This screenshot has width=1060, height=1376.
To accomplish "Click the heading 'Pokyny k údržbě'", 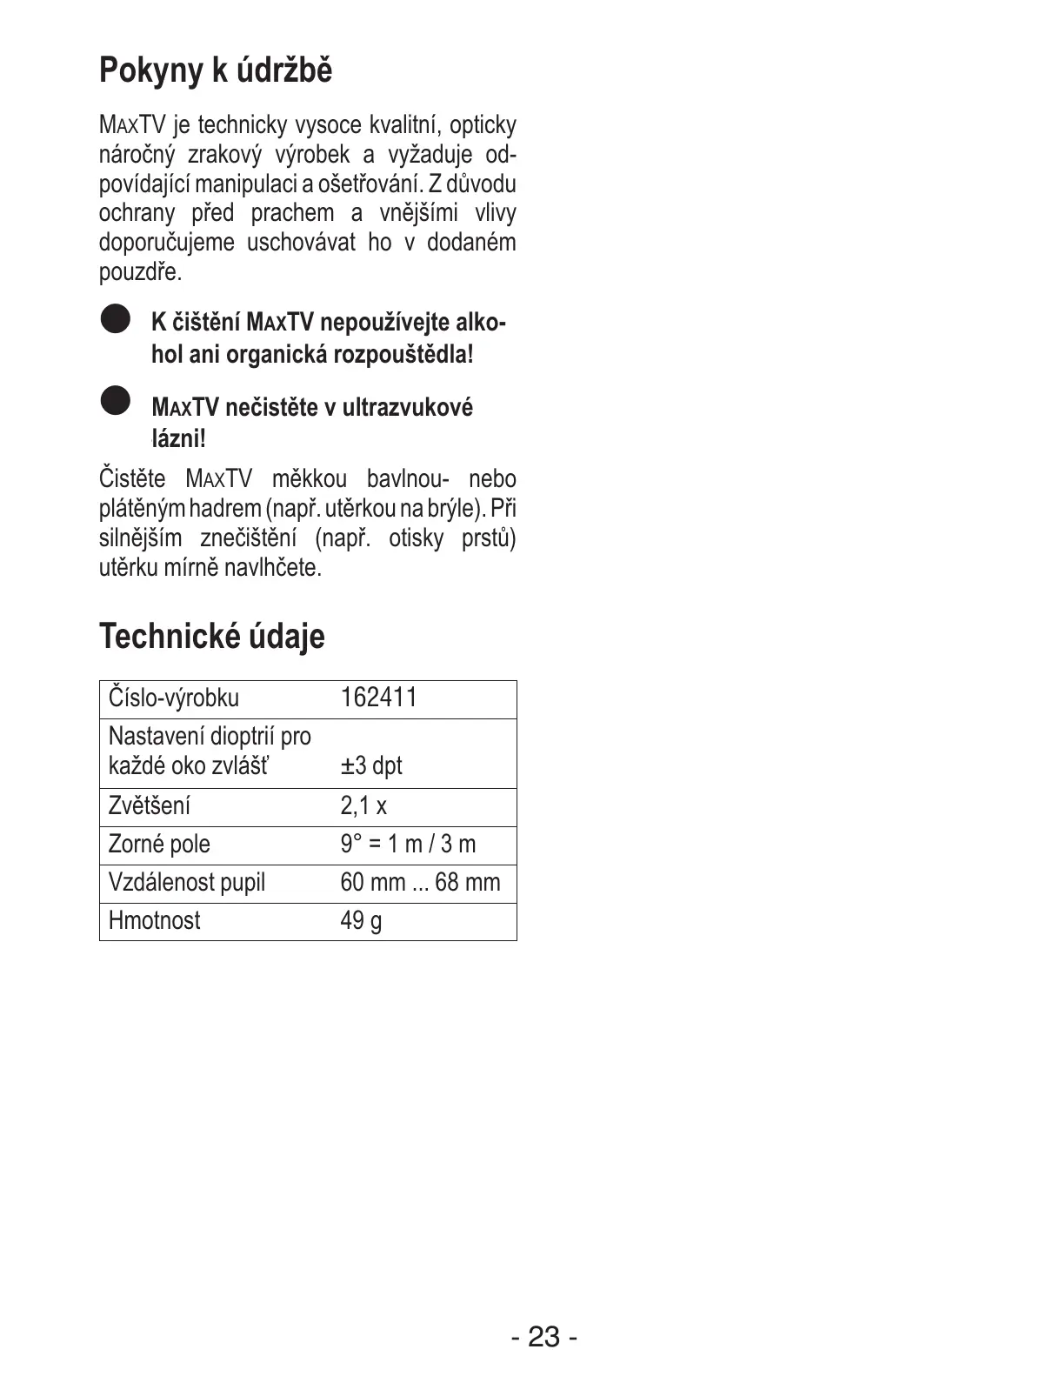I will click(x=215, y=70).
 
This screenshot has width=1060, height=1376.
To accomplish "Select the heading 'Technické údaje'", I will click(x=211, y=636).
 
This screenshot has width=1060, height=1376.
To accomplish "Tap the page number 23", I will click(x=543, y=1336).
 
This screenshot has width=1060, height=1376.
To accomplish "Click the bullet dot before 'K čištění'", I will click(x=114, y=318).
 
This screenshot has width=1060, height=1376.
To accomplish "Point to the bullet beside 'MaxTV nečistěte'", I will click(x=114, y=401).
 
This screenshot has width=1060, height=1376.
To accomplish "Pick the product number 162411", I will click(x=378, y=698).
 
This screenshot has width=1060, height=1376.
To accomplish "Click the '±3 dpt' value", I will click(x=371, y=765).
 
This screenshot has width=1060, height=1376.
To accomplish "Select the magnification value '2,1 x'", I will click(x=363, y=805).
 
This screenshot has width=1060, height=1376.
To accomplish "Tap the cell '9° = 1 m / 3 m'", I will click(x=408, y=844).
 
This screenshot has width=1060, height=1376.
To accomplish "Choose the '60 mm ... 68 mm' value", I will click(x=420, y=882).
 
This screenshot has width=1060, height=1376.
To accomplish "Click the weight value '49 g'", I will click(x=361, y=920).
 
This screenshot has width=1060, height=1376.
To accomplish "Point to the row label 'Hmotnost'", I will click(x=154, y=920).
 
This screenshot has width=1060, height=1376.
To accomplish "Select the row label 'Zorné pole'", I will click(x=159, y=844).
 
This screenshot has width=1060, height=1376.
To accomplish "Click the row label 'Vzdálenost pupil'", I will click(x=187, y=882).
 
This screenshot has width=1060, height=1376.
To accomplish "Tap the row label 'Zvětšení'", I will click(x=149, y=805).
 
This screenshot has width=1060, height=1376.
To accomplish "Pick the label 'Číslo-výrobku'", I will click(x=173, y=698).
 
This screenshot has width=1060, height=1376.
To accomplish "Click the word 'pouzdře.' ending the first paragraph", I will click(x=140, y=272).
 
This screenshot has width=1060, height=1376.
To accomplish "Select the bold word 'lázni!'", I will click(x=178, y=438).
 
